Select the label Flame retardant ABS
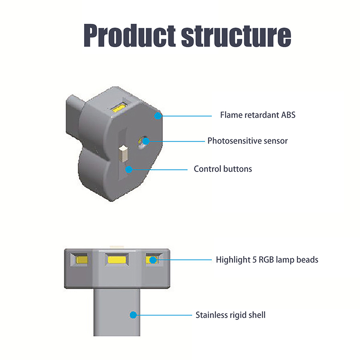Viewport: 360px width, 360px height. click(257, 115)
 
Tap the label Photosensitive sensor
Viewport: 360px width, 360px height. click(247, 141)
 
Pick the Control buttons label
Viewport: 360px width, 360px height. click(223, 169)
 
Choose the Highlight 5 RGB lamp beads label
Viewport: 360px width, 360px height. click(267, 260)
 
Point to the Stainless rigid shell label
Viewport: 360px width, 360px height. click(230, 315)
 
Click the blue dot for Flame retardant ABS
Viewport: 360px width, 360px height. click(157, 116)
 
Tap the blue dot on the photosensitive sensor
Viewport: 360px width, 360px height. click(146, 141)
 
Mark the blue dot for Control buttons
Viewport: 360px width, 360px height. click(129, 170)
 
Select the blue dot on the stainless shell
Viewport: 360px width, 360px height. click(133, 315)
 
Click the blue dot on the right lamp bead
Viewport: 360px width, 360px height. click(153, 260)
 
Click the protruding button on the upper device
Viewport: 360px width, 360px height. click(122, 153)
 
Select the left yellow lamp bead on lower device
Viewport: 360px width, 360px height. click(82, 260)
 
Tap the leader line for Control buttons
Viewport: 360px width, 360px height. click(157, 170)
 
